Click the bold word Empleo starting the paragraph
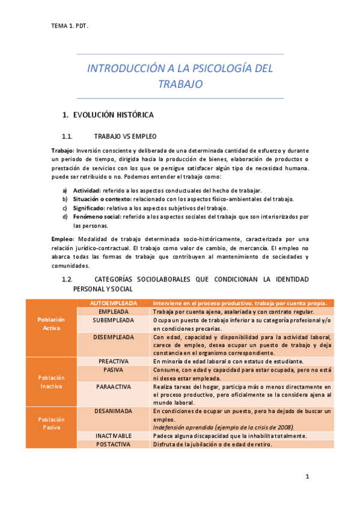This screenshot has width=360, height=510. [x=63, y=239]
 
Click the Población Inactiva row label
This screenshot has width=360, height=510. [x=51, y=381]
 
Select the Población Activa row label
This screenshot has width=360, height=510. [x=51, y=324]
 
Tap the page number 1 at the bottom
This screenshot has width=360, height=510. [x=307, y=477]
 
